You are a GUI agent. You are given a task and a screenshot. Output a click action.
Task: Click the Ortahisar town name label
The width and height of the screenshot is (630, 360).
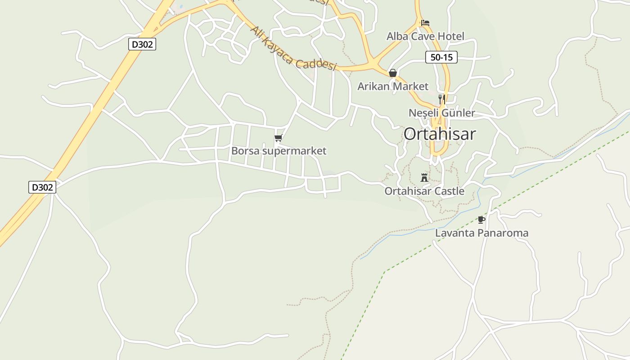[x=439, y=134]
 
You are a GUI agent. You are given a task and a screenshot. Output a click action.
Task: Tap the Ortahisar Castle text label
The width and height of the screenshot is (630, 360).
[x=424, y=191]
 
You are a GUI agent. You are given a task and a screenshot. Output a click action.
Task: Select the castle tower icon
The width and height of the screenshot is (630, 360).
[x=424, y=177]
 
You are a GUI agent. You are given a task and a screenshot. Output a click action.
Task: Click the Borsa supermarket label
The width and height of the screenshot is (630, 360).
[x=279, y=151]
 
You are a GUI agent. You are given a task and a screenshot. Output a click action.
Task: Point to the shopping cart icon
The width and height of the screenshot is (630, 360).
[x=278, y=138]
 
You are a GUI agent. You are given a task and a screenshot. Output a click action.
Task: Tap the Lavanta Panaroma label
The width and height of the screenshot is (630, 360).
[x=481, y=233]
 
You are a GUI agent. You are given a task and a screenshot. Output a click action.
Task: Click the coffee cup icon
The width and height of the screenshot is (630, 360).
[x=481, y=220]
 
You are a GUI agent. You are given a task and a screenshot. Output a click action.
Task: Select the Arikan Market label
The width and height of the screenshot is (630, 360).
[x=393, y=86]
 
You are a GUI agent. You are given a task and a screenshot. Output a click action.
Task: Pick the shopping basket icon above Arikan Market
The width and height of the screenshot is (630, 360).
[x=393, y=73]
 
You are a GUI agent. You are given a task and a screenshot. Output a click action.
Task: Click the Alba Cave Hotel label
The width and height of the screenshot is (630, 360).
[x=425, y=36]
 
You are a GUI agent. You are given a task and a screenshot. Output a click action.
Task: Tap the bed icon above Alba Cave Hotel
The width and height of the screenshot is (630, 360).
[x=425, y=22]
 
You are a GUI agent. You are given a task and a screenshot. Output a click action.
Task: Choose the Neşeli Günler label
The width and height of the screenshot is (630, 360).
[x=441, y=112]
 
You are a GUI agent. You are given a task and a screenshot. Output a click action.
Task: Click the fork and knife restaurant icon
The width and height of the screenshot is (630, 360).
[x=442, y=99]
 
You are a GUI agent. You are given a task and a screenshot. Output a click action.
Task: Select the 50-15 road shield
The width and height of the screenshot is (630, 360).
[x=441, y=57]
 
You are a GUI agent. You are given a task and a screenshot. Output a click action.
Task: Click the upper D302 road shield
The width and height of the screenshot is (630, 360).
[x=142, y=44]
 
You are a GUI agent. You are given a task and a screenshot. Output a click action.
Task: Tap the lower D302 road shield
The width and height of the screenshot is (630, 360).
[x=42, y=187]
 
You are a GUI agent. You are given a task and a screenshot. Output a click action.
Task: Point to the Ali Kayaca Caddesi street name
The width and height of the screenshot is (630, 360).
[x=293, y=48]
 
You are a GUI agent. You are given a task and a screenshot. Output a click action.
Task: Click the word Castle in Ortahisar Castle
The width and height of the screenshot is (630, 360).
[x=448, y=191]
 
